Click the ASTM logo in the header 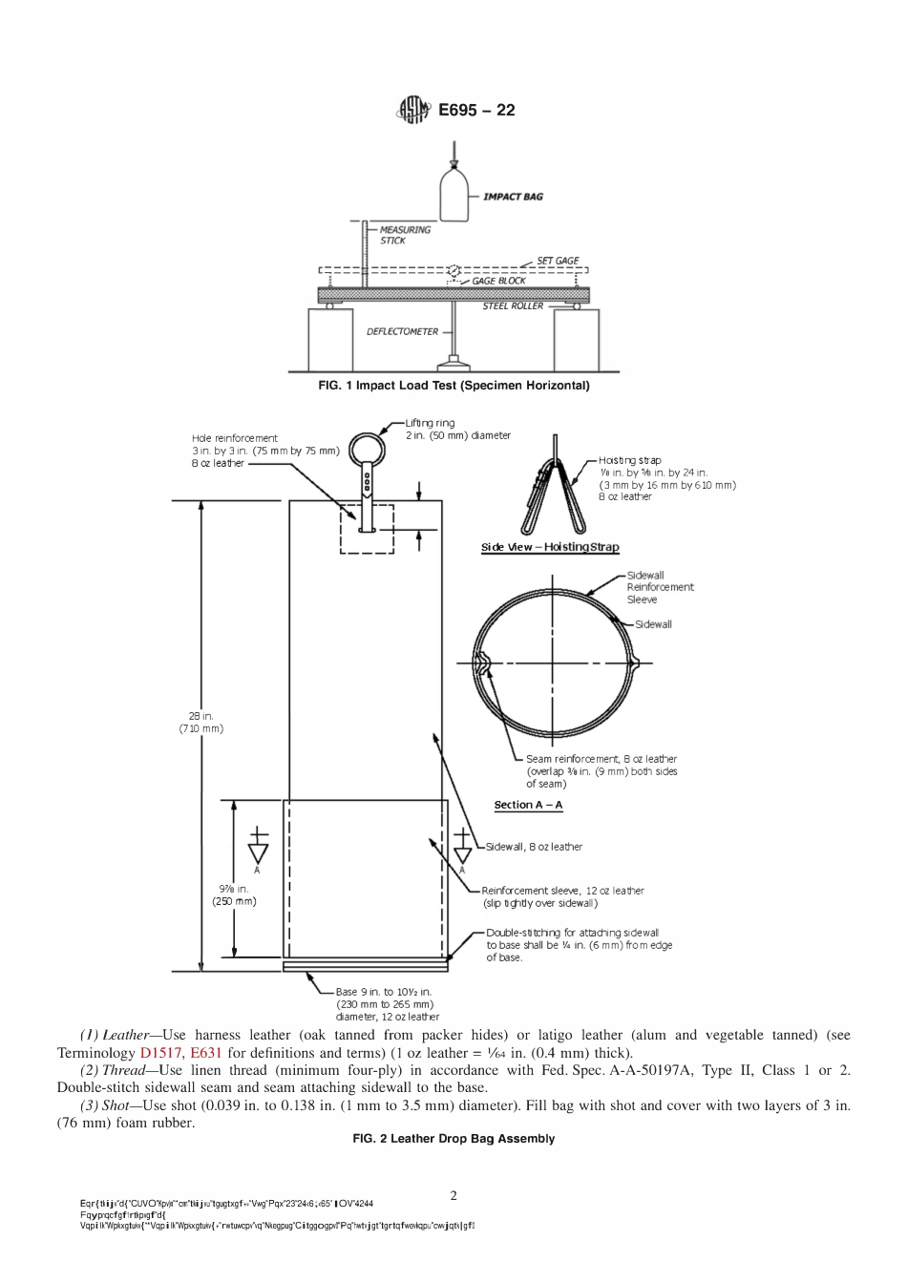[413, 111]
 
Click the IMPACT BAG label [513, 197]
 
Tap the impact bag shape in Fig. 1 [454, 194]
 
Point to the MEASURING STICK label [405, 235]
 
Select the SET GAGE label [558, 261]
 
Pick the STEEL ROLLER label [512, 306]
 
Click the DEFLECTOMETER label [402, 332]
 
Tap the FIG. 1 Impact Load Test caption [453, 386]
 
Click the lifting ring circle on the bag [366, 449]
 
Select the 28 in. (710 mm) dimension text [200, 722]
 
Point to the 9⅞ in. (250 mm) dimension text [234, 894]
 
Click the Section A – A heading [528, 805]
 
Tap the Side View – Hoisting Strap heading [549, 548]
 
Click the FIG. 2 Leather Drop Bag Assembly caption [453, 1139]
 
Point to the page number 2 [453, 1194]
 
